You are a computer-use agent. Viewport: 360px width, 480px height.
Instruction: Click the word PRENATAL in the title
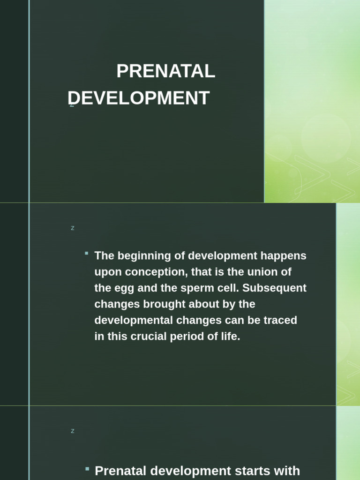(165, 71)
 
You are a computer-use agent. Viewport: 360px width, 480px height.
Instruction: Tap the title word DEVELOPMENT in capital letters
(139, 98)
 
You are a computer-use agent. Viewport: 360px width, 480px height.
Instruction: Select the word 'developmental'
(134, 320)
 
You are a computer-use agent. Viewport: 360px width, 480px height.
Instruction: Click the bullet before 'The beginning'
(87, 254)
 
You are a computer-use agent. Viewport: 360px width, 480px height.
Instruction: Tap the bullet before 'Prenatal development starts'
(87, 468)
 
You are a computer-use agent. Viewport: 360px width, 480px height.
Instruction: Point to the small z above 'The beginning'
(73, 228)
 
